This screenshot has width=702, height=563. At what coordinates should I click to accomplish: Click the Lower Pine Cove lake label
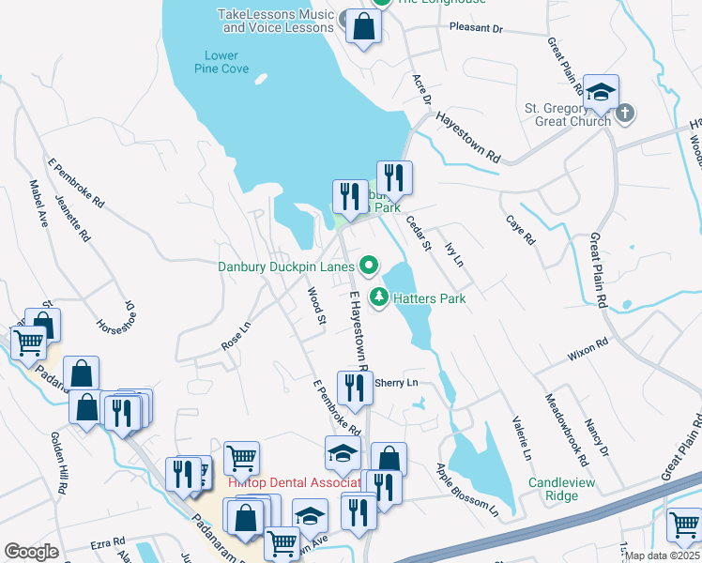click(221, 62)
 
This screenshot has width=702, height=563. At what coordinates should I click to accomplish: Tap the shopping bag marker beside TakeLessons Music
click(363, 27)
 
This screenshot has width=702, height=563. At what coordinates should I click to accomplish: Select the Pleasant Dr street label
click(477, 29)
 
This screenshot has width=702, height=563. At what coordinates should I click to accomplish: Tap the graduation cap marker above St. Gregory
click(601, 93)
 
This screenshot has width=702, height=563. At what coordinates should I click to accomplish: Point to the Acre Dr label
click(420, 89)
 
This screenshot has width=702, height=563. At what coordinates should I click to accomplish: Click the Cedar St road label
click(418, 234)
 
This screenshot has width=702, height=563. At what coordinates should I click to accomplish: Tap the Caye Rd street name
click(520, 229)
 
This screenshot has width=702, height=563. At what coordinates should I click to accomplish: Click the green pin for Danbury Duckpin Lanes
click(369, 266)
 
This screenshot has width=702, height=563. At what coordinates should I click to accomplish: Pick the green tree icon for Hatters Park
click(379, 297)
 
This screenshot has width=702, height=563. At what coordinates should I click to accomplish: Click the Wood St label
click(316, 307)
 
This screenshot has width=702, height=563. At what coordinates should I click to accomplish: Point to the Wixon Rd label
click(588, 351)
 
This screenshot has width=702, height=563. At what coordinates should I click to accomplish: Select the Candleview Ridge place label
click(561, 489)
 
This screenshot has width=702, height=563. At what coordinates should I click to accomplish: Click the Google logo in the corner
click(31, 552)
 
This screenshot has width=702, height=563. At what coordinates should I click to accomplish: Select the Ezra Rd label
click(108, 542)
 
